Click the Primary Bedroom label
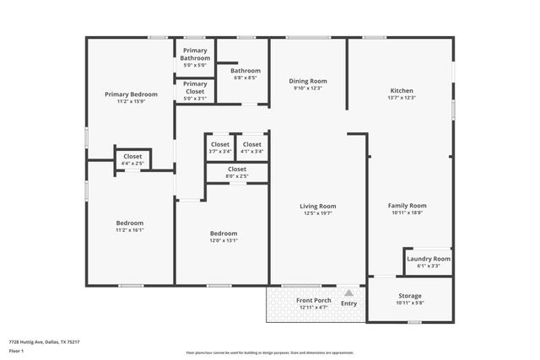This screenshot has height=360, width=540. [131, 94]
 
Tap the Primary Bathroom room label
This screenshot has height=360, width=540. [195, 54]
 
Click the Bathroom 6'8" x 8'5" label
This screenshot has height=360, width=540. [246, 71]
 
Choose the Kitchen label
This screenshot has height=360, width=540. [401, 90]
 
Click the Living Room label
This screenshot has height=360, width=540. [317, 206]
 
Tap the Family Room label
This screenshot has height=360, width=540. [407, 206]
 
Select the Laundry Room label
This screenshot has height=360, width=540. [429, 258]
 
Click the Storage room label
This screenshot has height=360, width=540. [410, 296]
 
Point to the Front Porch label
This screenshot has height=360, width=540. [311, 300]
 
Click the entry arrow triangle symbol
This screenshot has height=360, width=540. [348, 293]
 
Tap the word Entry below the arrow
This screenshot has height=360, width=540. [348, 304]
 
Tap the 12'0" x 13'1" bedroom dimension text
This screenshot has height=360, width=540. [224, 240]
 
